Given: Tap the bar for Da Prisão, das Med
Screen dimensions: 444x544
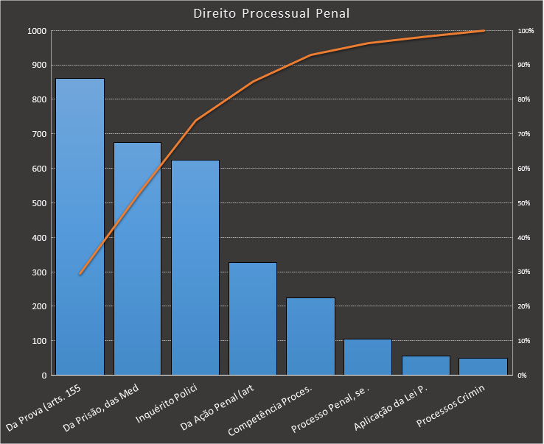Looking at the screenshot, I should pyautogui.click(x=137, y=258).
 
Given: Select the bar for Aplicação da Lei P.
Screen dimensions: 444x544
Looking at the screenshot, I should pyautogui.click(x=425, y=366).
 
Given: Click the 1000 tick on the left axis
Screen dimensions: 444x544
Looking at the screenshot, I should pyautogui.click(x=37, y=31).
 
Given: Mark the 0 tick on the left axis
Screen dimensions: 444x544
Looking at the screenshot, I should pyautogui.click(x=44, y=376).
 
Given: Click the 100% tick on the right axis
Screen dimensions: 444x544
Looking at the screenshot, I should pyautogui.click(x=525, y=31).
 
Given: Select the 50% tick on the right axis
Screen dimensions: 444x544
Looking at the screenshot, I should pyautogui.click(x=523, y=203).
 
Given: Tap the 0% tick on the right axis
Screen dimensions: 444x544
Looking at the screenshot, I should pyautogui.click(x=521, y=376).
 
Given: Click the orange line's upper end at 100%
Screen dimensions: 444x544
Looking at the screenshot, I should pyautogui.click(x=484, y=31).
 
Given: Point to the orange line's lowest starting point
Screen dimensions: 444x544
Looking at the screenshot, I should pyautogui.click(x=80, y=274).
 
